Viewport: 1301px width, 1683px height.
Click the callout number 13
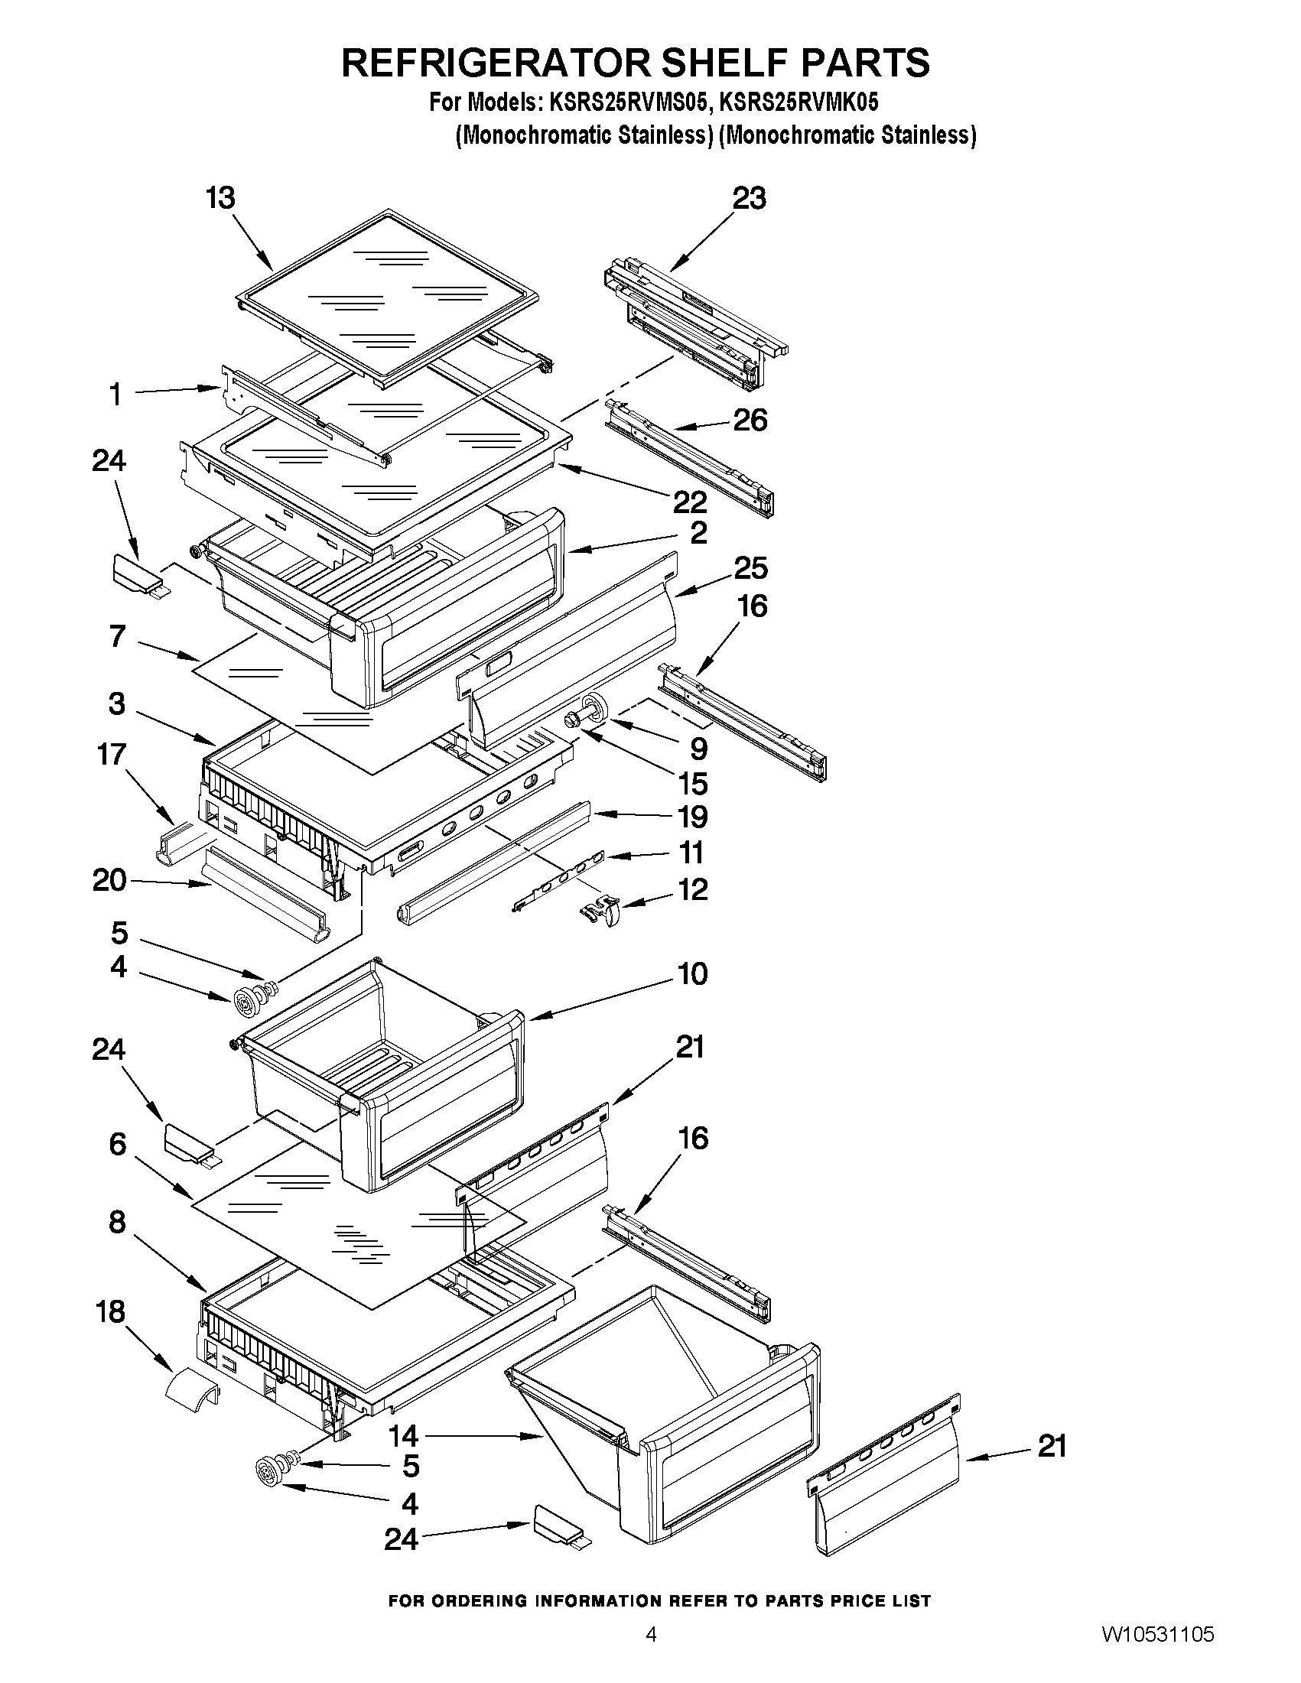[x=220, y=199]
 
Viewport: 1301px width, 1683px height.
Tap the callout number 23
[x=749, y=199]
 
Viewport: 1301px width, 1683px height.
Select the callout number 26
[x=750, y=421]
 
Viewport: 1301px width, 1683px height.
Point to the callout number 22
[x=690, y=502]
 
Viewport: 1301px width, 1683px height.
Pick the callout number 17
[x=112, y=755]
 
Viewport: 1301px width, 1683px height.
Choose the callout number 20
[x=109, y=880]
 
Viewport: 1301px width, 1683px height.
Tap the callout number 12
[x=692, y=889]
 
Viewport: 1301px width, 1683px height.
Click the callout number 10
[x=693, y=974]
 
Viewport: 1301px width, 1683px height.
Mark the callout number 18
[x=110, y=1311]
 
